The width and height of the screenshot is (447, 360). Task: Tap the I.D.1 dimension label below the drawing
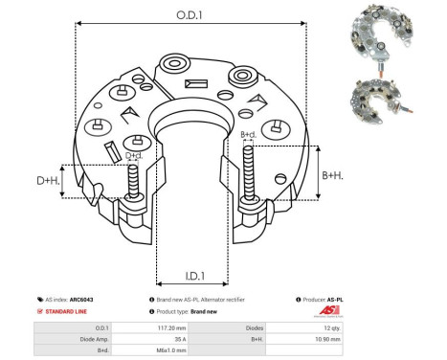(190, 277)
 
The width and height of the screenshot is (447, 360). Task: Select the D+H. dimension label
(48, 180)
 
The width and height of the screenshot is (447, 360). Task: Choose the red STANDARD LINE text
(67, 312)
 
